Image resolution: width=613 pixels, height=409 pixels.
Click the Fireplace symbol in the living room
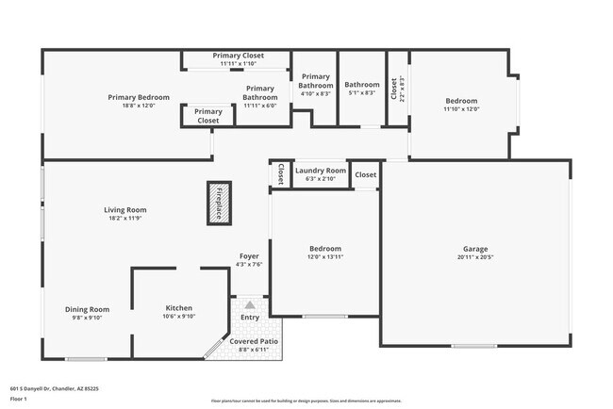(x=219, y=203)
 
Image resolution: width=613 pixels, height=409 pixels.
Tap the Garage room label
(x=475, y=248)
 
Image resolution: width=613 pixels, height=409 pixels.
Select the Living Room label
(x=124, y=210)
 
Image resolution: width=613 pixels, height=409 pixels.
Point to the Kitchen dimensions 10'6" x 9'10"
(x=179, y=317)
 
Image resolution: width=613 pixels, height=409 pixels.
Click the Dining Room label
(x=87, y=309)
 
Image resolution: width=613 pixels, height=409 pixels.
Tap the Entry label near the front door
(x=250, y=318)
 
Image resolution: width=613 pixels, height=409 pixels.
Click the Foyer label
(x=249, y=255)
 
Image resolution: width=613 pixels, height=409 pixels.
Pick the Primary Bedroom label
(x=138, y=97)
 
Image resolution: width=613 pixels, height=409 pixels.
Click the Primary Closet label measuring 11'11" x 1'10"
(x=238, y=56)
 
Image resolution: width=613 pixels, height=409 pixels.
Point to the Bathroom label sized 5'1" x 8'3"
(x=361, y=84)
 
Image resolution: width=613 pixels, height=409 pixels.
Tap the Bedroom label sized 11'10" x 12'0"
(x=461, y=101)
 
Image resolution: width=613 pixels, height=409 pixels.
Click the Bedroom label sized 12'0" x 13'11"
(x=324, y=249)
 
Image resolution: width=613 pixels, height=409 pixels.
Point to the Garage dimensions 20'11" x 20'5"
(x=475, y=256)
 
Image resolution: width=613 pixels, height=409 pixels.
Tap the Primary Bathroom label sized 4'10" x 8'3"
(x=315, y=80)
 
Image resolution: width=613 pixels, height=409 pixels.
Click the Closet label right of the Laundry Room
(x=366, y=174)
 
